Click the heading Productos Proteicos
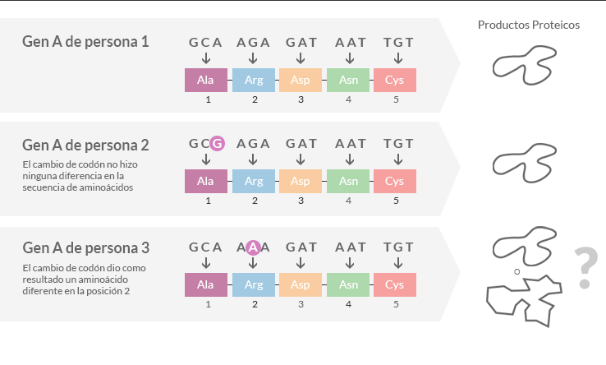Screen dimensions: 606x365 528,25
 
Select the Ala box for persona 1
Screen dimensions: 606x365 206,80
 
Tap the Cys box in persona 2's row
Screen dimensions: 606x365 395,181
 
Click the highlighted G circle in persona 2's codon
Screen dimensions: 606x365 218,144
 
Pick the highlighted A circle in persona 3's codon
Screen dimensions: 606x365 253,247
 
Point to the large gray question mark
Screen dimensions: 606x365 586,268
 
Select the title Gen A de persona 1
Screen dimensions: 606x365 85,42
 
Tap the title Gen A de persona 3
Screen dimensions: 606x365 85,248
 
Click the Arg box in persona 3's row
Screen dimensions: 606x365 254,285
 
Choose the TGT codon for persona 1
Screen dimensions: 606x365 398,42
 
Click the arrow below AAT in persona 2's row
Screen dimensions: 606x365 350,159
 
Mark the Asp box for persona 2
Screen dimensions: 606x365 301,181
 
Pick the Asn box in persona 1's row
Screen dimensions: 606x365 348,80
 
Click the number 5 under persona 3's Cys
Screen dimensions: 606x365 396,305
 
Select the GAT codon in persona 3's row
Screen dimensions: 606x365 301,247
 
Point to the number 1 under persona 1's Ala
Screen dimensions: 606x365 209,99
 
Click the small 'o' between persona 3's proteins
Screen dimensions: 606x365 517,272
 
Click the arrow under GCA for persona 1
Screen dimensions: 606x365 206,58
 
